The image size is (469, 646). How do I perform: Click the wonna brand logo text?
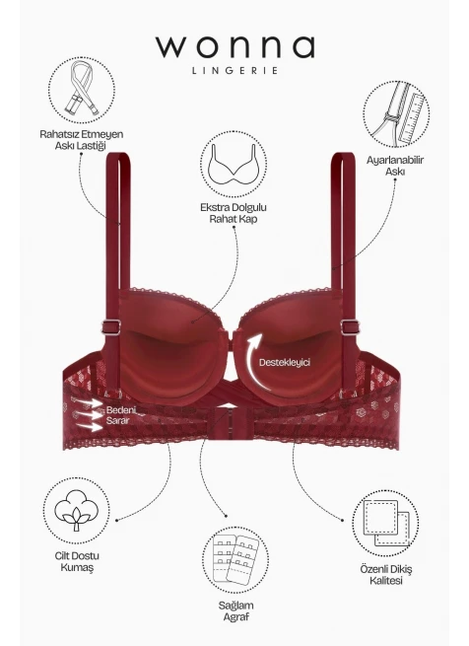click(235, 46)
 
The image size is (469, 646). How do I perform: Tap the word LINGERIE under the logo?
click(235, 70)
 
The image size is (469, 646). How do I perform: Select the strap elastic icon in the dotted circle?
click(82, 90)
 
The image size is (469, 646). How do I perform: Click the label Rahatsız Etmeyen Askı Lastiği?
click(81, 140)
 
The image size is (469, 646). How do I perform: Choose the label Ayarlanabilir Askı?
click(395, 166)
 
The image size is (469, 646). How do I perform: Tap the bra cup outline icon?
click(234, 164)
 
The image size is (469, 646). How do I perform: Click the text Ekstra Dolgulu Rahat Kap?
click(234, 213)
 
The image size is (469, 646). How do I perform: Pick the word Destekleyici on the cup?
click(285, 363)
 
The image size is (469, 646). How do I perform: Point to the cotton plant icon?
click(77, 510)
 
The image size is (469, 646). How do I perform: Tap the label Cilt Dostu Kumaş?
click(77, 561)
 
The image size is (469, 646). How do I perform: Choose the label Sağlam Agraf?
click(235, 610)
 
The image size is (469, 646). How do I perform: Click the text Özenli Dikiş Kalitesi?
click(386, 575)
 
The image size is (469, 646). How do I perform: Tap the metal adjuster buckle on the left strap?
click(111, 327)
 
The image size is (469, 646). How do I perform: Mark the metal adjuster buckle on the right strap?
click(350, 327)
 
